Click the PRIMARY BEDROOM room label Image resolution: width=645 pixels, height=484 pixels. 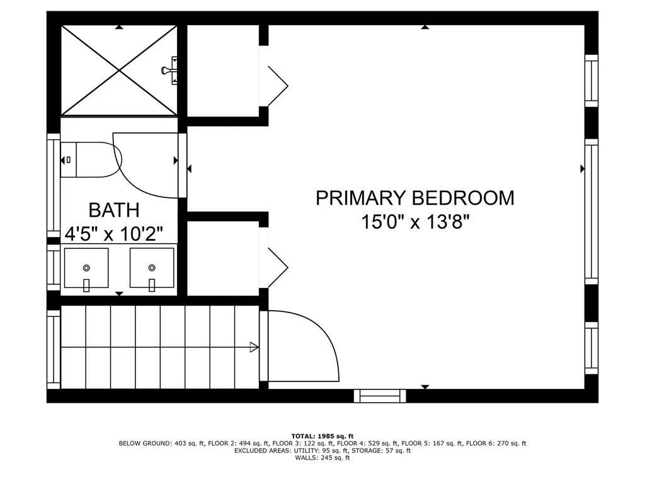414,199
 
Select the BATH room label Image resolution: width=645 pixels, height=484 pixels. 113,210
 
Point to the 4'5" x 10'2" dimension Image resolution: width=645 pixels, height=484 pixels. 114,234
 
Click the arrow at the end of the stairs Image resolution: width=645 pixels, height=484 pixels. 254,347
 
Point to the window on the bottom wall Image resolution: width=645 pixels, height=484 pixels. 379,396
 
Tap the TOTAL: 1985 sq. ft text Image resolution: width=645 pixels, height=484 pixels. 322,436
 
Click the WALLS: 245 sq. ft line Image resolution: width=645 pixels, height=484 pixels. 322,458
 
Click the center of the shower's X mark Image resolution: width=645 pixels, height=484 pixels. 119,71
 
